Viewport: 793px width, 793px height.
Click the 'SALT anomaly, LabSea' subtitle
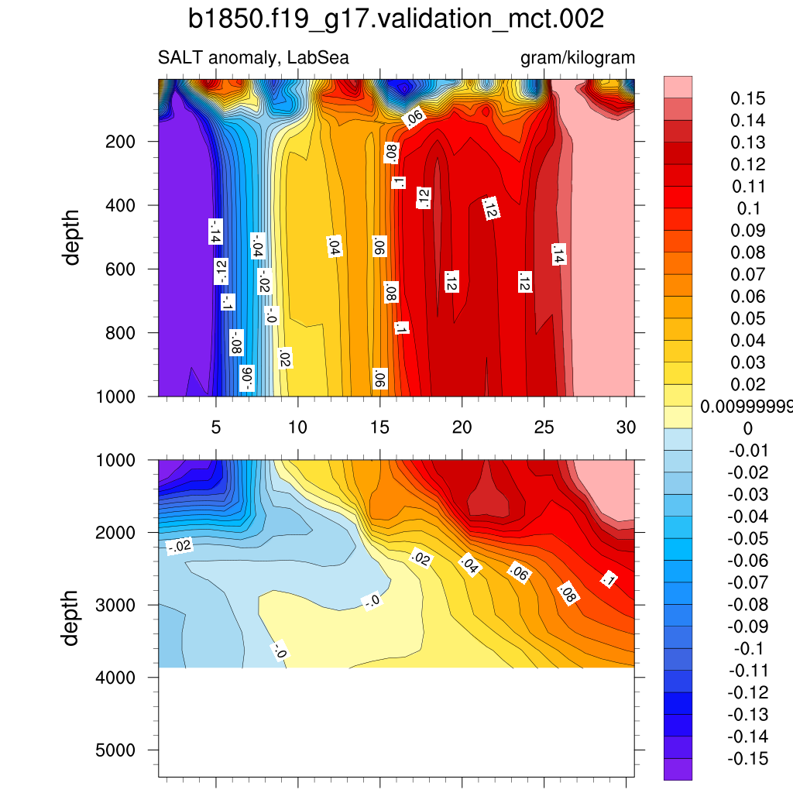point(253,58)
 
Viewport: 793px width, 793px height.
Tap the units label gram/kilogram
point(578,58)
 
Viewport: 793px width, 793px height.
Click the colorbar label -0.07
point(747,582)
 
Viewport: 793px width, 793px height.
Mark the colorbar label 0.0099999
point(746,407)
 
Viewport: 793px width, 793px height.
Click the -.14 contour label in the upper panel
point(216,232)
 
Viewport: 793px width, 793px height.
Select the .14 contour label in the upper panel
point(559,254)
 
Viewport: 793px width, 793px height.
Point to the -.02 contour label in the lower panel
point(179,547)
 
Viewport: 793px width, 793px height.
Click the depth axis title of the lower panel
point(72,617)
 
